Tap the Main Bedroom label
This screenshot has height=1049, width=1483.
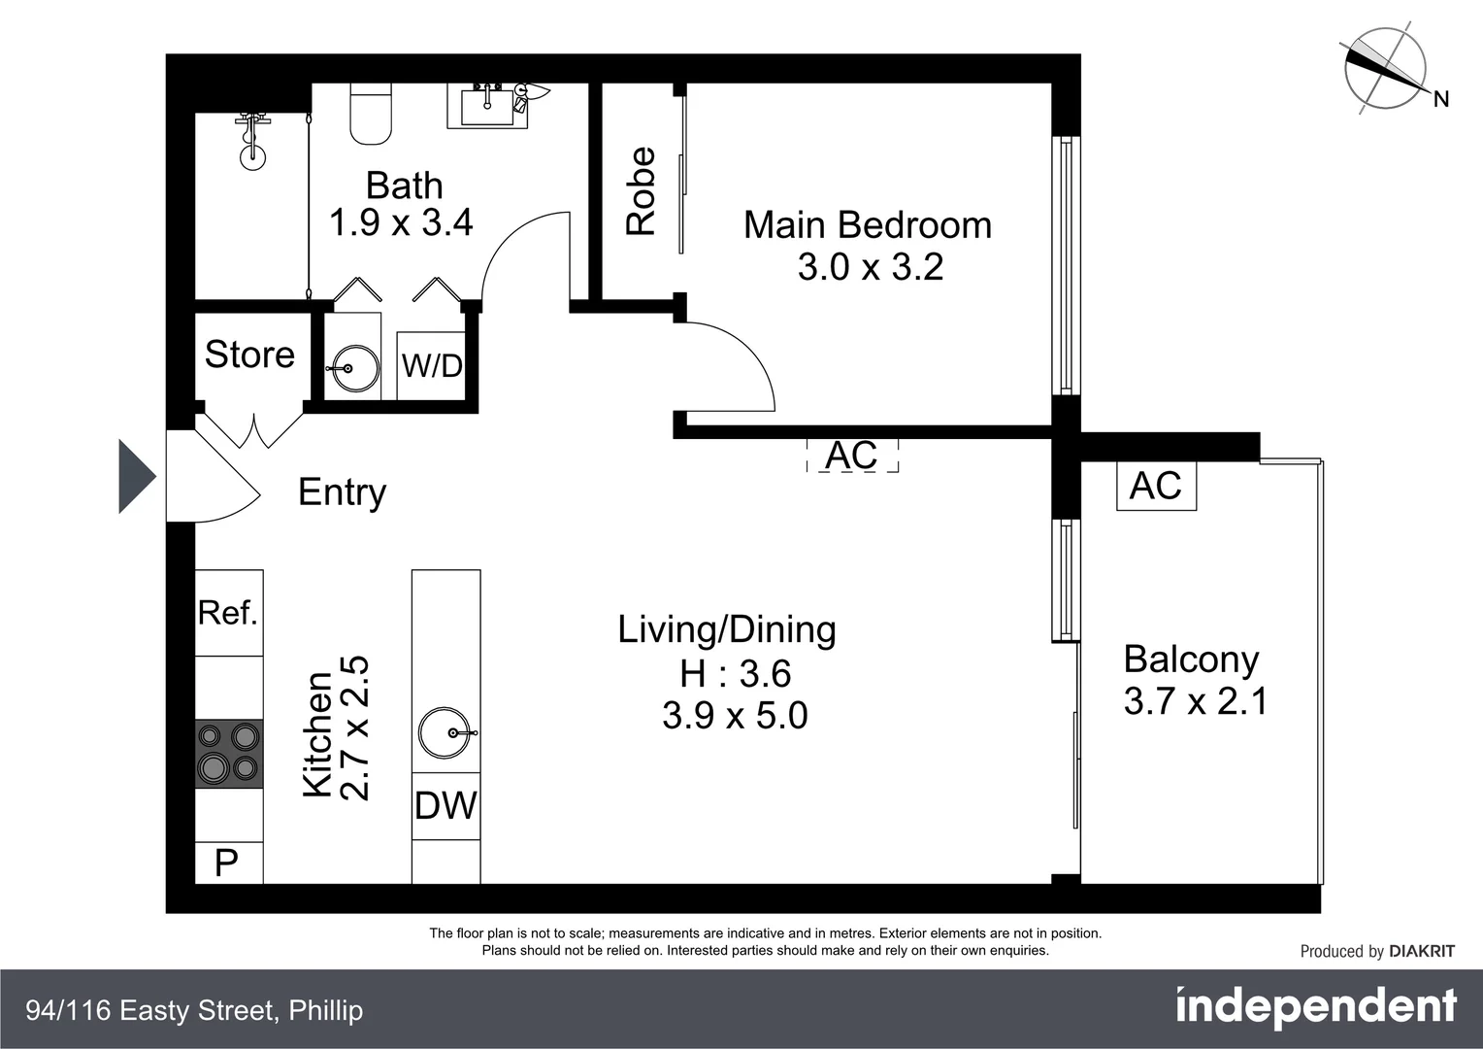tap(868, 225)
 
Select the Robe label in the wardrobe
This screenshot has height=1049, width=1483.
tap(642, 191)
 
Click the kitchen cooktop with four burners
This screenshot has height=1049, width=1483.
tap(229, 754)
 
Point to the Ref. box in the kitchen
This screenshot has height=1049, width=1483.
tap(229, 613)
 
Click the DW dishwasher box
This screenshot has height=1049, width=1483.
tap(445, 805)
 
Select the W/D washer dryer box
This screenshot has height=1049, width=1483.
tap(432, 365)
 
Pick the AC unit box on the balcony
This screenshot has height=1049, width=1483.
tap(1156, 486)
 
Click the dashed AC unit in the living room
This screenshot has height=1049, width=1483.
tap(852, 455)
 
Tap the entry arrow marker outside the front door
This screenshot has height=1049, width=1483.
tap(136, 476)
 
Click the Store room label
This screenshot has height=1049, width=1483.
tap(249, 355)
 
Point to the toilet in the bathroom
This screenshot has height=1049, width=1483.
tap(371, 114)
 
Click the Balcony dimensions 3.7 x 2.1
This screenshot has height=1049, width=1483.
tap(1196, 701)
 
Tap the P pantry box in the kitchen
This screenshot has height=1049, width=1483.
tap(228, 863)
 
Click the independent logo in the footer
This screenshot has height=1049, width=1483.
tap(1315, 1008)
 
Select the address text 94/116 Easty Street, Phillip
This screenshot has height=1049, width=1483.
tap(194, 1010)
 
